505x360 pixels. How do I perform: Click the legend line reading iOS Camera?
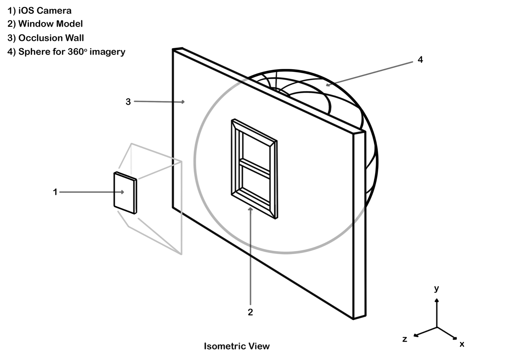coord(40,11)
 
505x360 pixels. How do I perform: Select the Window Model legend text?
coord(45,24)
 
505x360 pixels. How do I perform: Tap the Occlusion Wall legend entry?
coord(46,38)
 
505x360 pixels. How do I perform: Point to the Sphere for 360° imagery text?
coord(66,52)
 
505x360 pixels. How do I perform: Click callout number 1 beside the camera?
coord(55,192)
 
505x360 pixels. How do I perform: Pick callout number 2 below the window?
coord(250,312)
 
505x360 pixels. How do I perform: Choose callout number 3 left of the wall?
coord(128,102)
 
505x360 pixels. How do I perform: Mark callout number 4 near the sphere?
coord(420,60)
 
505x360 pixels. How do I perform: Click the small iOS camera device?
coord(125,193)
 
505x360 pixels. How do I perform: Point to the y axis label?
coord(437,288)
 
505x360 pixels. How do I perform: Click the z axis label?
coord(405,339)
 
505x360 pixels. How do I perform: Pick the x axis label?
coord(462,344)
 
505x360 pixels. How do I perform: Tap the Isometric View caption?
coord(237,346)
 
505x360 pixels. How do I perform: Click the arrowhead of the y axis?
coord(437,300)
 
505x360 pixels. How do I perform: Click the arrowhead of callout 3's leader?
coord(183,102)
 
